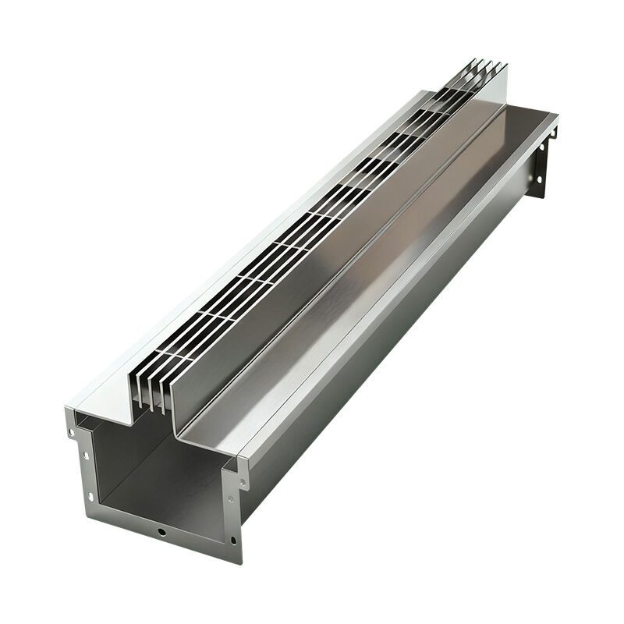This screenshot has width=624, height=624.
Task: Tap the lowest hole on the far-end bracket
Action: click(541, 182)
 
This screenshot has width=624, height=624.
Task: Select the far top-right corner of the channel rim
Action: click(557, 117)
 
